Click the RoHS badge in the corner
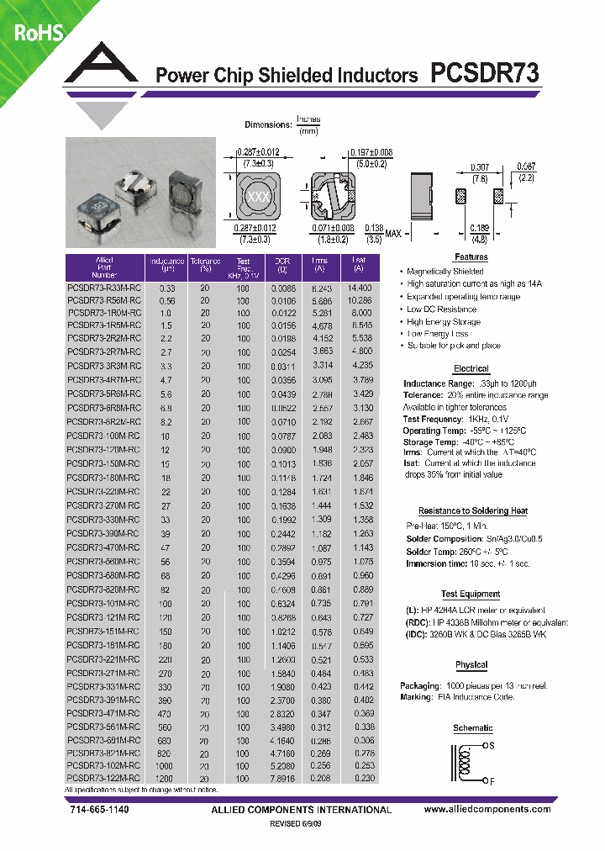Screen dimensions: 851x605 click(x=32, y=32)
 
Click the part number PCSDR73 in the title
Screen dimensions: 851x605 click(x=484, y=74)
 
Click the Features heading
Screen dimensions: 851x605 click(x=471, y=256)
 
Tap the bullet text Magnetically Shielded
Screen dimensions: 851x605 click(x=445, y=272)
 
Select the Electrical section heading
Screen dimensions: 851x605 click(x=471, y=368)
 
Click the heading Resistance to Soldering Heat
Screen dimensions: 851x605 click(x=472, y=510)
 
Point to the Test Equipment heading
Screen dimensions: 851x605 click(x=471, y=594)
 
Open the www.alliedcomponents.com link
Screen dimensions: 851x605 click(x=487, y=809)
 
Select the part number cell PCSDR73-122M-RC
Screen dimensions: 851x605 click(x=103, y=780)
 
